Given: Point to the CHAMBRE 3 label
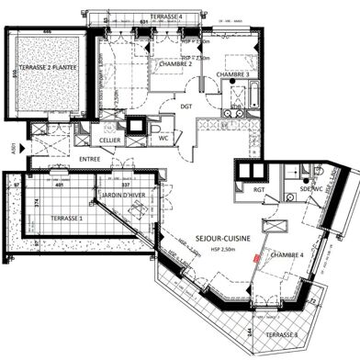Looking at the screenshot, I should point(232,74).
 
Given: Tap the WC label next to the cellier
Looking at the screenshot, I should point(162,140).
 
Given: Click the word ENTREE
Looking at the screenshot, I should point(90,159).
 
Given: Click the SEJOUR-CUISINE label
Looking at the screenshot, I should point(208,235).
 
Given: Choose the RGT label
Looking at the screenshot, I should point(248,190).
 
